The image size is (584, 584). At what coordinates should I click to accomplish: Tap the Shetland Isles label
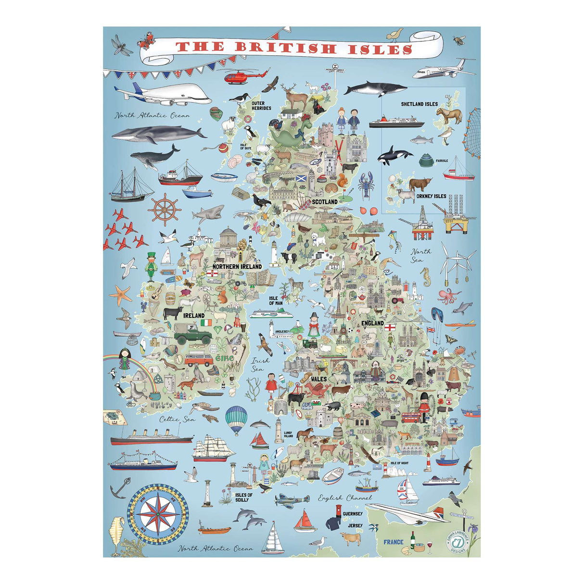coord(419,104)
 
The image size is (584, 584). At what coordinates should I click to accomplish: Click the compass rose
coord(158,513)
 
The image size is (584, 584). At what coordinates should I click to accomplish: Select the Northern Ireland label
coord(237,266)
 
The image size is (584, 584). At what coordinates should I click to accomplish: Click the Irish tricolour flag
coord(206,321)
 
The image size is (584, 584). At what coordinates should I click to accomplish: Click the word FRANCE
coord(394,542)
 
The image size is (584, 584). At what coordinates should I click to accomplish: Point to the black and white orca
coord(394,155)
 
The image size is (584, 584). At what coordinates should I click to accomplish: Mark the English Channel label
coord(345,498)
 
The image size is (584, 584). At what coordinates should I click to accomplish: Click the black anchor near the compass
coord(118,490)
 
